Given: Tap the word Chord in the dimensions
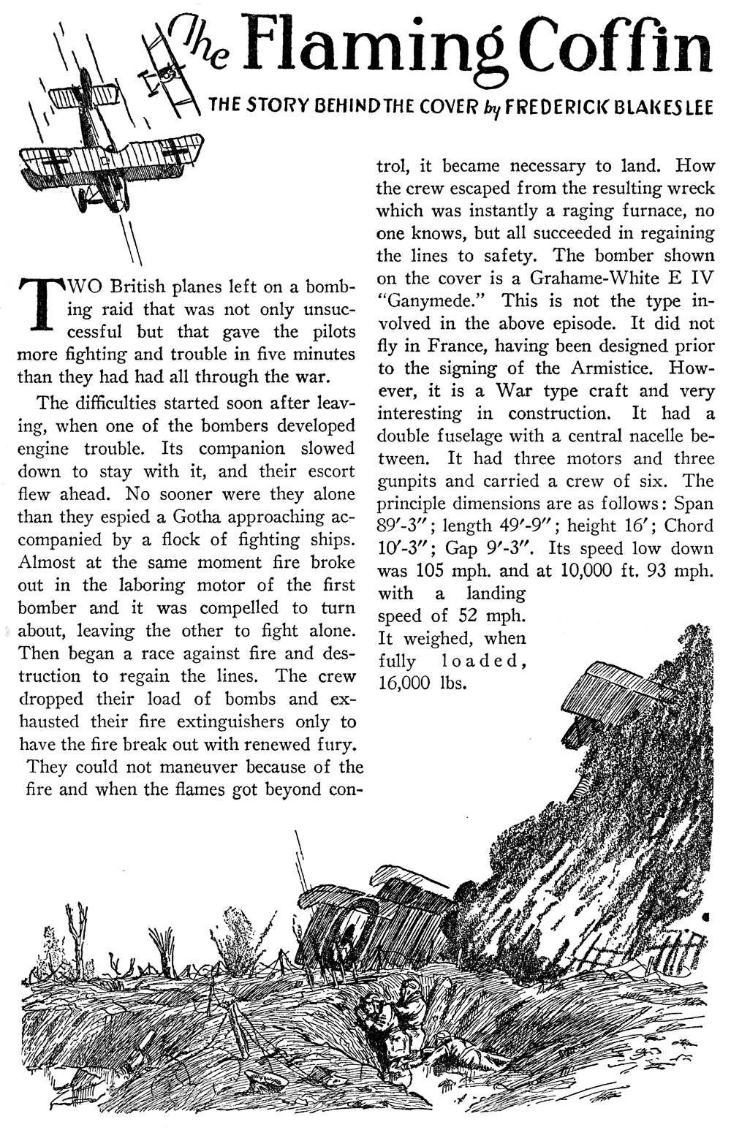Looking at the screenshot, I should [x=689, y=526].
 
